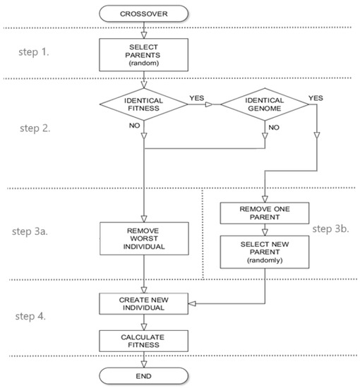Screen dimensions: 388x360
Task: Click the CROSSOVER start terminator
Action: point(145,12)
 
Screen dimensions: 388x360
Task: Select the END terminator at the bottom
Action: point(145,374)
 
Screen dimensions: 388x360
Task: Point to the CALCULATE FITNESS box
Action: point(145,340)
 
